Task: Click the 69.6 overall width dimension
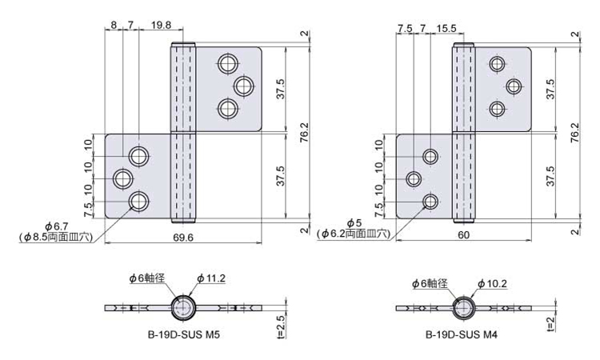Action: click(183, 238)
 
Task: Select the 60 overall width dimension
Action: click(463, 235)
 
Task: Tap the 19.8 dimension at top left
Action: click(161, 26)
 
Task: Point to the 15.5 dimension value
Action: click(446, 28)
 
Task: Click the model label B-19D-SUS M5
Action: click(184, 334)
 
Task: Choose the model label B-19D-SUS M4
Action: click(462, 334)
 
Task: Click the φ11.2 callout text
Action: click(211, 278)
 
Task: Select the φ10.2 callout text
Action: click(492, 283)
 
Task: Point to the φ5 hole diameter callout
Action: click(354, 223)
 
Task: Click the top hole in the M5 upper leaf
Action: click(229, 63)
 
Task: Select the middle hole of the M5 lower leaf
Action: click(123, 179)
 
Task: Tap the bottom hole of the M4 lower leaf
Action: click(431, 202)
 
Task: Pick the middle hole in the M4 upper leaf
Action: click(514, 86)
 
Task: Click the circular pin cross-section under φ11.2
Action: click(183, 307)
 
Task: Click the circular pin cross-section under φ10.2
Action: click(464, 308)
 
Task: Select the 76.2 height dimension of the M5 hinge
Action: click(304, 132)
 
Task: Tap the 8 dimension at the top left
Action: click(114, 26)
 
